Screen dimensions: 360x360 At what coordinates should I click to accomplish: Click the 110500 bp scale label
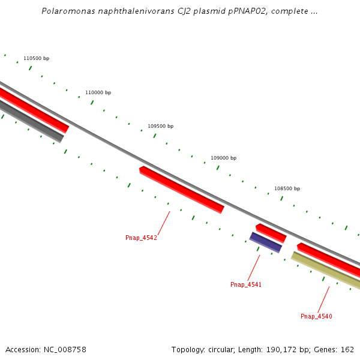[x=36, y=58]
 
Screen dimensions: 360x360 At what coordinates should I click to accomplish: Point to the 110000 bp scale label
[x=98, y=92]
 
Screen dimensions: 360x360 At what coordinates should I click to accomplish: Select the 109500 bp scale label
[x=160, y=126]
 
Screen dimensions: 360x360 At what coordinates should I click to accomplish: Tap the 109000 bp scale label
[x=223, y=158]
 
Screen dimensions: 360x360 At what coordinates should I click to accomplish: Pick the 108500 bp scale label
[x=287, y=188]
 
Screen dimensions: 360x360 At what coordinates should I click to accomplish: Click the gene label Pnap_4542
[x=141, y=238]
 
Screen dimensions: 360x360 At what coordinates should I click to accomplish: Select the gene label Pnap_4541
[x=246, y=284]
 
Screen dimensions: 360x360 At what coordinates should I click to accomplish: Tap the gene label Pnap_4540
[x=316, y=316]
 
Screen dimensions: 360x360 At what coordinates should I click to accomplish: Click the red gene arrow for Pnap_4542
[x=181, y=190]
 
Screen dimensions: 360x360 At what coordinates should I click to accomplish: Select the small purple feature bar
[x=266, y=242]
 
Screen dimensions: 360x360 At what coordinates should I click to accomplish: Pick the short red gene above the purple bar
[x=271, y=233]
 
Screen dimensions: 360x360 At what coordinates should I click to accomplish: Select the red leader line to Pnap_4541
[x=254, y=267]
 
